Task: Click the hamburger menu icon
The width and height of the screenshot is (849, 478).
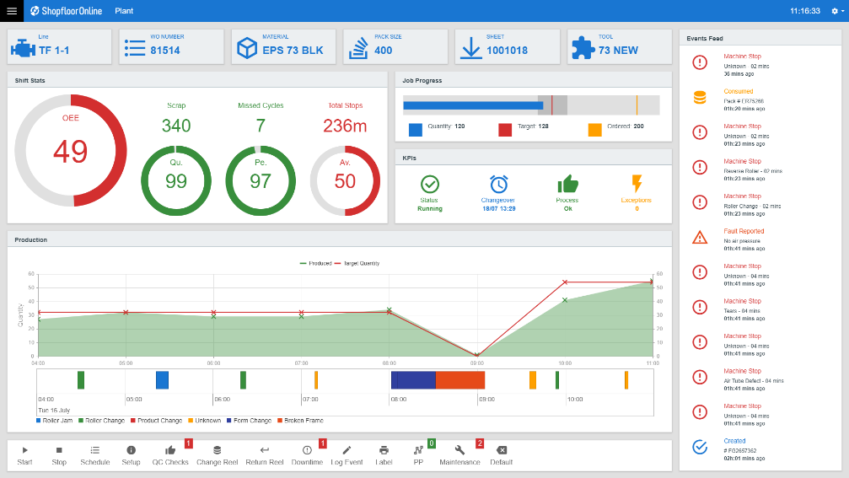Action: click(x=12, y=11)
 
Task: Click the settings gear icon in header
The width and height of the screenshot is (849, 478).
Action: click(x=835, y=11)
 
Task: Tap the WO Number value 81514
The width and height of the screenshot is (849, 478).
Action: click(x=165, y=51)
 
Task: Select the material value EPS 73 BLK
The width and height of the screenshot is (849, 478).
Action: click(x=293, y=51)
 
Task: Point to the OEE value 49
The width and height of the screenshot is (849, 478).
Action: click(x=70, y=151)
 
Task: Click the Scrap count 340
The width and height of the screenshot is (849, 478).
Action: click(x=176, y=126)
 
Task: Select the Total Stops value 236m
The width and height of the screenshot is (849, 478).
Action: click(x=345, y=126)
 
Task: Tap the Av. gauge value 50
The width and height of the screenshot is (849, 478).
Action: click(x=345, y=181)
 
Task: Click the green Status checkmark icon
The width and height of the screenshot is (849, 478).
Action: click(x=429, y=184)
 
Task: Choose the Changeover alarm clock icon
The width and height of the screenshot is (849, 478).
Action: click(x=498, y=184)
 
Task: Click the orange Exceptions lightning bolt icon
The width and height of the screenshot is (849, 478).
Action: click(x=637, y=184)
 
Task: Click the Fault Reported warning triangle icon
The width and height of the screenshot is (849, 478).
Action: click(x=700, y=238)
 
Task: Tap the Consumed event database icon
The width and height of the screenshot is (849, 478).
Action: click(x=700, y=98)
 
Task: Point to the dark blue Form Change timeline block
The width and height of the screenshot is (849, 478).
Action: click(x=413, y=380)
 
